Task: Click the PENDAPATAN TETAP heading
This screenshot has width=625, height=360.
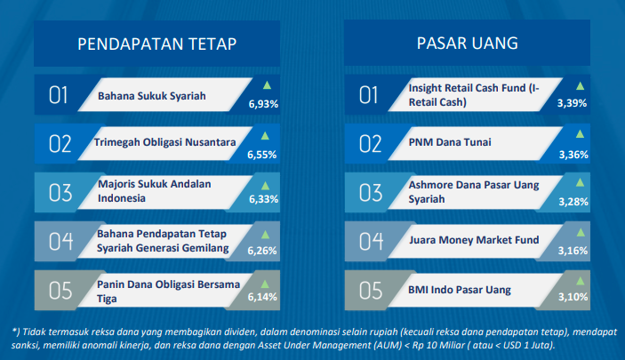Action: click(x=157, y=44)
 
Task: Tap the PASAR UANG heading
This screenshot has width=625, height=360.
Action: click(x=467, y=43)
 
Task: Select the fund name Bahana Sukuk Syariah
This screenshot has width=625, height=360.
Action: click(x=152, y=96)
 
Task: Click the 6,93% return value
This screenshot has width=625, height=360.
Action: click(x=263, y=104)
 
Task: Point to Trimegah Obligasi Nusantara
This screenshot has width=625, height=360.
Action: click(x=164, y=142)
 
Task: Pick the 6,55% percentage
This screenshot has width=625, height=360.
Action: click(x=262, y=155)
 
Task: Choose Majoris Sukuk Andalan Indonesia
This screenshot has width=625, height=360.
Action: click(x=155, y=191)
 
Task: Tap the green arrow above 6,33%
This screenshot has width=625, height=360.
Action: click(x=265, y=186)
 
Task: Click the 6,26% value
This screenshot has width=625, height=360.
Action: click(x=262, y=251)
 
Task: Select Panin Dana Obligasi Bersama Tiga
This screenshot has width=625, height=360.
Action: click(x=168, y=292)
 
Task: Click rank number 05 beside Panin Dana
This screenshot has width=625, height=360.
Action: click(x=60, y=291)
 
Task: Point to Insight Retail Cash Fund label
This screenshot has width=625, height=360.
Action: click(x=474, y=95)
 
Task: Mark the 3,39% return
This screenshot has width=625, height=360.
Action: click(x=572, y=103)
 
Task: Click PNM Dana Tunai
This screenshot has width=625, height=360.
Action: click(x=450, y=142)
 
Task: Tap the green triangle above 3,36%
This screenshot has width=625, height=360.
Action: click(x=580, y=134)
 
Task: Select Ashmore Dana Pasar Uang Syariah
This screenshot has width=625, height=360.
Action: click(x=474, y=192)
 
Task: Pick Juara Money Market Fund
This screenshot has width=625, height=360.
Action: click(x=474, y=240)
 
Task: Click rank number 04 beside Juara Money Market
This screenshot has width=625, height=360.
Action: click(x=371, y=241)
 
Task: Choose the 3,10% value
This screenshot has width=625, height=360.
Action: click(x=573, y=297)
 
